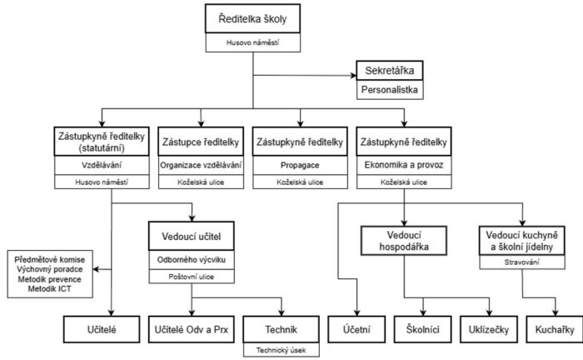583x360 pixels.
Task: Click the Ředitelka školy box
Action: pos(253,18)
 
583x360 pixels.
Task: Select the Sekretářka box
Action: pos(390,70)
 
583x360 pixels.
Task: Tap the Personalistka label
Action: pos(390,90)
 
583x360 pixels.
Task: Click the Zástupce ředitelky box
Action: pos(201,142)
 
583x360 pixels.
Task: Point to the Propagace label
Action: pos(300,165)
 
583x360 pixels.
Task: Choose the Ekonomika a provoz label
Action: pos(404,165)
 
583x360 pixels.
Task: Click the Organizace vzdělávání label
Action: pos(201,165)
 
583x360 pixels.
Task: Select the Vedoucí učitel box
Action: pos(192,236)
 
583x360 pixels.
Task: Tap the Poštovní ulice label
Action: pos(192,277)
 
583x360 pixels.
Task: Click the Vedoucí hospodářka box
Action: pos(404,241)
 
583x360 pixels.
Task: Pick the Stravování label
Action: pos(522,262)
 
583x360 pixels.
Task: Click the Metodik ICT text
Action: pos(49,289)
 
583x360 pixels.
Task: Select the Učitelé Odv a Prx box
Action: pos(192,329)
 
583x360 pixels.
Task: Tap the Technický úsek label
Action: pos(282,350)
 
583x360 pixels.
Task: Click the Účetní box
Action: pos(356,329)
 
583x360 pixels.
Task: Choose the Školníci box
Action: pos(423,329)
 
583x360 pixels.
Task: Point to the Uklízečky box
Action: pos(489,329)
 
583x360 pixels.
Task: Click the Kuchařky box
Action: pos(555,329)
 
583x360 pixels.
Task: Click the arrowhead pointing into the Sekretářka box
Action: pos(354,76)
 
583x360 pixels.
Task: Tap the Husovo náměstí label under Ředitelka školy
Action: pos(253,42)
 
